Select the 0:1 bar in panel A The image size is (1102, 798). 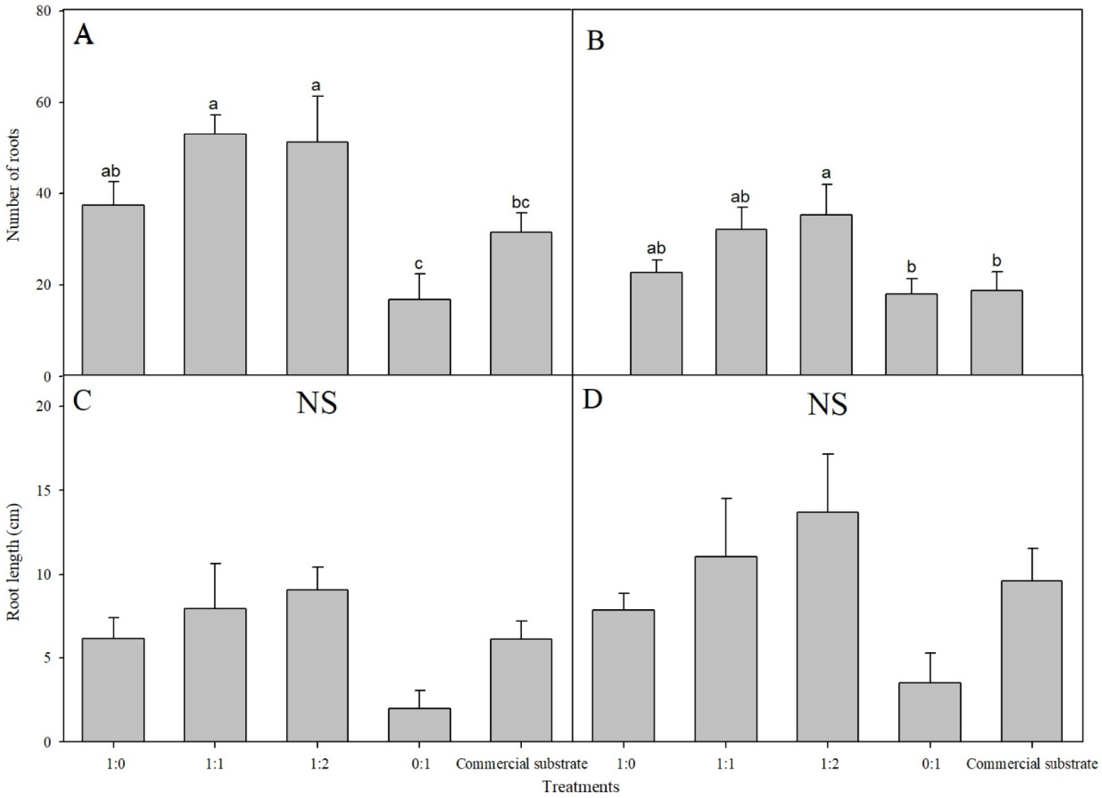point(419,337)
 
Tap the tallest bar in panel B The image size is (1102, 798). point(825,294)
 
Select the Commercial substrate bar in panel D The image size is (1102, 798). point(1031,660)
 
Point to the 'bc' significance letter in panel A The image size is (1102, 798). point(521,203)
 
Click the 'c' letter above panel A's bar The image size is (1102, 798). point(419,264)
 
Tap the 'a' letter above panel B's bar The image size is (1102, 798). point(825,174)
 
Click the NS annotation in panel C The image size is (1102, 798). point(317,403)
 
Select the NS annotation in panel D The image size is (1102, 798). point(827,405)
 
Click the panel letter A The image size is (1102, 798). point(83,35)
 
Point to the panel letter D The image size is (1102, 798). point(592,399)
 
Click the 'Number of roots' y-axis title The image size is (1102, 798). point(14,185)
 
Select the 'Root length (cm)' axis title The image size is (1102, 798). point(14,562)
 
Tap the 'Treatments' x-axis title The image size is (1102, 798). point(581,786)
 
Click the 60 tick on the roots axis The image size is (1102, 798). point(49,103)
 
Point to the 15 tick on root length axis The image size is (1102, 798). point(49,490)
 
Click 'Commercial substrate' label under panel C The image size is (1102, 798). point(521,763)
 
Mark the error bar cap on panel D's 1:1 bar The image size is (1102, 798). point(725,499)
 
